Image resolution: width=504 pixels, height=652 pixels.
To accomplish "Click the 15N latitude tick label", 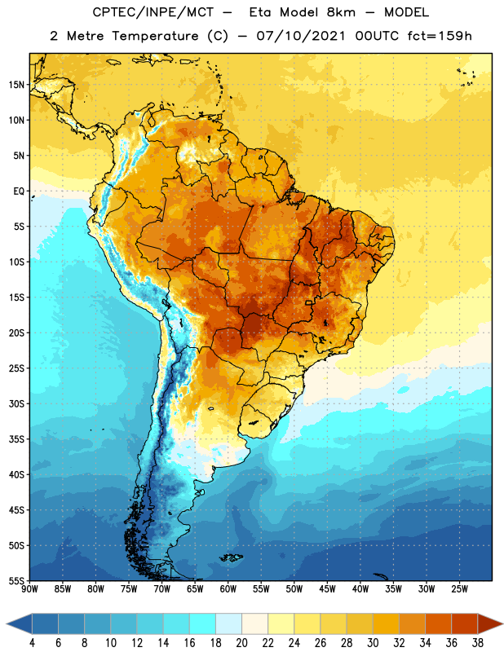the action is pyautogui.click(x=16, y=85).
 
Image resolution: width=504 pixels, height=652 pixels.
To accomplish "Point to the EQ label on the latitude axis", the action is pyautogui.click(x=19, y=192).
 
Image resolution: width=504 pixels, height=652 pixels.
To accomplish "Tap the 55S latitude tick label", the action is pyautogui.click(x=16, y=581).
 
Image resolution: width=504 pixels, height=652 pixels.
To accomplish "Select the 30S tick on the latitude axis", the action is pyautogui.click(x=16, y=403).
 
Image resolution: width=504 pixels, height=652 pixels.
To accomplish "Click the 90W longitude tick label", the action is pyautogui.click(x=29, y=589).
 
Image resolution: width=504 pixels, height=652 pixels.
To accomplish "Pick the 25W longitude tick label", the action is pyautogui.click(x=459, y=589).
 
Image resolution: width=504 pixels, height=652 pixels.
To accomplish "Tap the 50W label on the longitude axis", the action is pyautogui.click(x=294, y=589).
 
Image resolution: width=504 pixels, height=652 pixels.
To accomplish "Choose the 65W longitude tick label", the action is pyautogui.click(x=195, y=589).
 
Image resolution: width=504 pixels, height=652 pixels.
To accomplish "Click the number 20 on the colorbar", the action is pyautogui.click(x=241, y=643).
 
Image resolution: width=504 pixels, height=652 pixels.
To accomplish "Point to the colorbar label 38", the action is pyautogui.click(x=478, y=643).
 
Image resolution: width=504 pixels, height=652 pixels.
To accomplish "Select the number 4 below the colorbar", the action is pyautogui.click(x=32, y=643).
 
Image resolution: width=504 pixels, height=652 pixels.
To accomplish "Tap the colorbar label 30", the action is pyautogui.click(x=373, y=643).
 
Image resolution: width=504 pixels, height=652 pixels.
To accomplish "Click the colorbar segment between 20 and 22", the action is pyautogui.click(x=254, y=624).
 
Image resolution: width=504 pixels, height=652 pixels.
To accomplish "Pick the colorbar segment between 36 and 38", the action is pyautogui.click(x=465, y=624).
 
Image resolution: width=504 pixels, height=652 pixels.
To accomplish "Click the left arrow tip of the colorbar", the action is pyautogui.click(x=7, y=624).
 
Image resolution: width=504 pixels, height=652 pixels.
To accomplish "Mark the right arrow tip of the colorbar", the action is pyautogui.click(x=502, y=624).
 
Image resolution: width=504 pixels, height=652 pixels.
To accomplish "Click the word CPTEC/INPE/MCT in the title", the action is pyautogui.click(x=153, y=12).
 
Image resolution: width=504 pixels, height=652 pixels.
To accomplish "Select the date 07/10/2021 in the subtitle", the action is pyautogui.click(x=301, y=36).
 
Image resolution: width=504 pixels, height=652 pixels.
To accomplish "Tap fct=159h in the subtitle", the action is pyautogui.click(x=440, y=36).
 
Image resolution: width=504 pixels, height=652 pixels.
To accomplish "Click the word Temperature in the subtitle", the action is pyautogui.click(x=155, y=37).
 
